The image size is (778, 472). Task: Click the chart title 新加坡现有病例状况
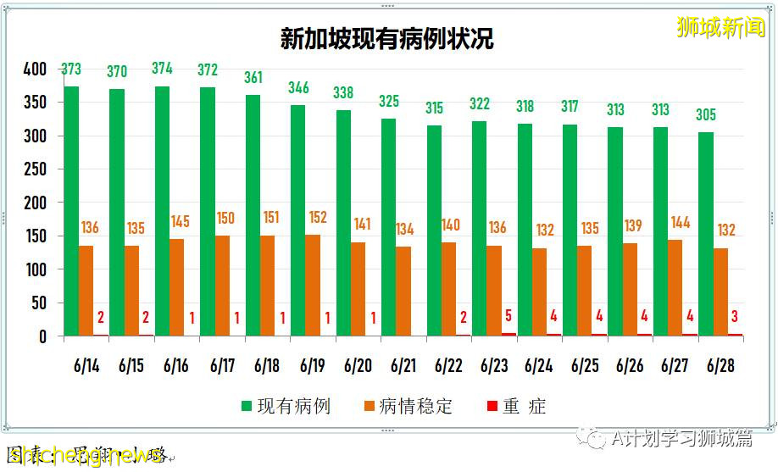tap(387, 39)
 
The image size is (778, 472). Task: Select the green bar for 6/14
tap(71, 211)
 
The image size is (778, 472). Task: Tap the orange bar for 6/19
tap(313, 286)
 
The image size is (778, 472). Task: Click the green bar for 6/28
tap(706, 234)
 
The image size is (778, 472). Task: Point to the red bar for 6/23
tap(508, 335)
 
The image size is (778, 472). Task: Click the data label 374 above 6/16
tap(162, 69)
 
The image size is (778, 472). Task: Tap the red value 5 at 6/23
tap(509, 317)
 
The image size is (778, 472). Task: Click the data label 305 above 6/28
tap(706, 115)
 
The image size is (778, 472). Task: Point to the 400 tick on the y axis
tap(35, 69)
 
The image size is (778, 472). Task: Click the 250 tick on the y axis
tap(35, 169)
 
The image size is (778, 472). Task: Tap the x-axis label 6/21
tap(403, 366)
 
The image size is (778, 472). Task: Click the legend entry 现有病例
tap(285, 407)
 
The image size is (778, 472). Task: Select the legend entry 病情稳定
tap(406, 407)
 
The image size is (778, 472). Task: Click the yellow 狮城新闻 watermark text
tap(720, 27)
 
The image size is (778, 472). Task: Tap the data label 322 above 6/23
tap(480, 104)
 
